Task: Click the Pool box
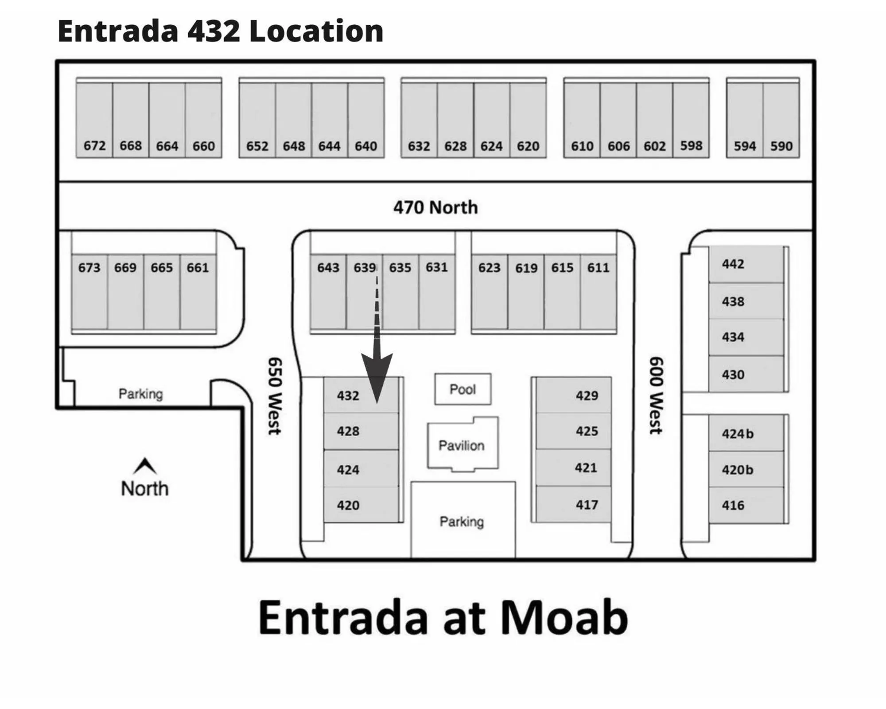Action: click(x=462, y=389)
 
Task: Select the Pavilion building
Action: click(x=462, y=444)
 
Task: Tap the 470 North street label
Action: click(x=435, y=207)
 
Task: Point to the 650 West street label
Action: click(x=275, y=396)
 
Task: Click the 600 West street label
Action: click(x=656, y=395)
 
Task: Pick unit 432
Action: click(x=348, y=395)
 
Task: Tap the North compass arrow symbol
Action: click(x=145, y=466)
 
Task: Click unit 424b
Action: click(x=738, y=433)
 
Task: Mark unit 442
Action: click(x=733, y=264)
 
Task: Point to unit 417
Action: click(x=587, y=504)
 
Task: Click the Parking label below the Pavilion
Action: click(x=462, y=522)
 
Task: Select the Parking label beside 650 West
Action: click(x=141, y=393)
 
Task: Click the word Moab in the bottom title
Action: click(x=564, y=617)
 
